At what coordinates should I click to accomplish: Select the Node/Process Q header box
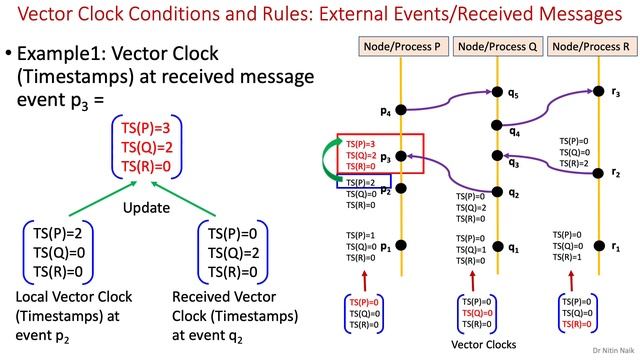[497, 47]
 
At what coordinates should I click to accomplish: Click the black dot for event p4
[400, 109]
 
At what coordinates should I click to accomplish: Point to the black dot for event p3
[400, 156]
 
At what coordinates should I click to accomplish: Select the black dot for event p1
[400, 245]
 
